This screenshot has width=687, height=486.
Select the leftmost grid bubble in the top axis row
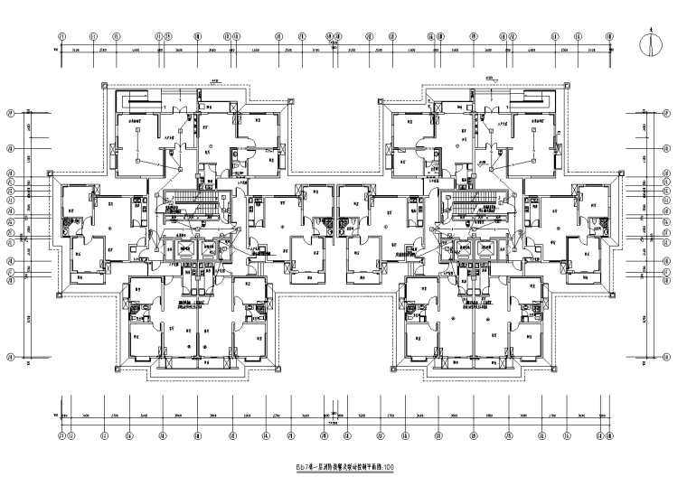pyautogui.click(x=60, y=37)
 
